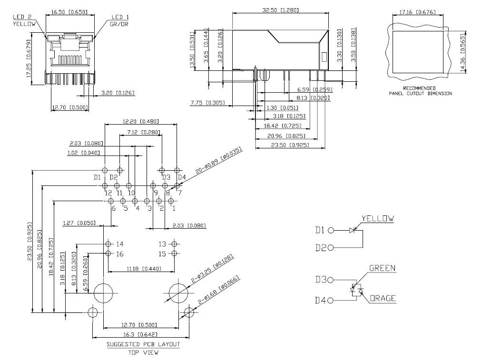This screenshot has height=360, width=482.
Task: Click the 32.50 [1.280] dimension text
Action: point(280,10)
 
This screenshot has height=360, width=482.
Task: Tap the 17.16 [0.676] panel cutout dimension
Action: point(417,12)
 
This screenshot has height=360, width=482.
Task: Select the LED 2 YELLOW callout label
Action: point(24,20)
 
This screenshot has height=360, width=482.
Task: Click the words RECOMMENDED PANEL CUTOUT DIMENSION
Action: point(420,91)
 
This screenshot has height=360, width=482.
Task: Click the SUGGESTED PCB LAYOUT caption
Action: point(143,344)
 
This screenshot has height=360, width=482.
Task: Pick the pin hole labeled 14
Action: point(108,244)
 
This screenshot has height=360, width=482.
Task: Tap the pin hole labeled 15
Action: point(174,253)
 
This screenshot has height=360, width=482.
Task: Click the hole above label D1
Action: point(105,170)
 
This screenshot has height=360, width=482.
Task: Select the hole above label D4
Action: point(177,170)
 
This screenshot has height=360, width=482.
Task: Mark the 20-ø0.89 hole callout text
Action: point(219,160)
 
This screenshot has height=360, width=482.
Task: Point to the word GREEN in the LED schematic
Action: point(382,268)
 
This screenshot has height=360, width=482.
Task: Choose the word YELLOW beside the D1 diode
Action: point(377,219)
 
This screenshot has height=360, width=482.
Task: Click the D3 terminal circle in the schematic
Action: point(331,280)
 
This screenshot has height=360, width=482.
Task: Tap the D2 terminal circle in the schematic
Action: point(331,248)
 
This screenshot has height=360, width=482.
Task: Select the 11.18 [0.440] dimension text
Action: point(144,269)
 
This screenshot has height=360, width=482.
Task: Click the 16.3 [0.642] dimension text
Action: point(139,334)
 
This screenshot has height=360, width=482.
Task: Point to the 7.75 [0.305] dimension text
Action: point(207,103)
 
